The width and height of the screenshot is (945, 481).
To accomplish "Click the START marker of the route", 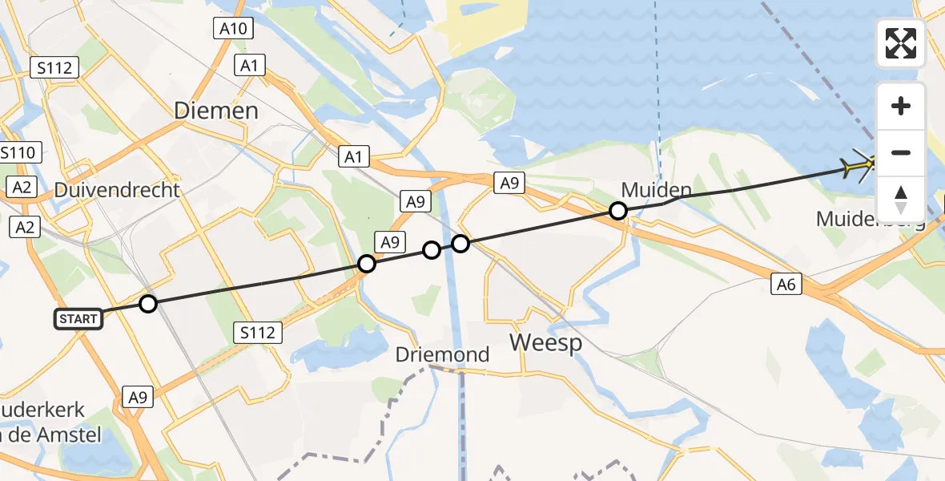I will click(x=78, y=319).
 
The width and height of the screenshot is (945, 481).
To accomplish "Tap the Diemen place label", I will click(x=216, y=111).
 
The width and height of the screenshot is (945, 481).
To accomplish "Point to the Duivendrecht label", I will click(x=118, y=191).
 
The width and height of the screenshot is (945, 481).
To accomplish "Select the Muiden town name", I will click(x=656, y=191).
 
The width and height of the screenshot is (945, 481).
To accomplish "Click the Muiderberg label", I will click(x=870, y=218).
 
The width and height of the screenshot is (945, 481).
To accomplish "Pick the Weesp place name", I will click(x=547, y=342).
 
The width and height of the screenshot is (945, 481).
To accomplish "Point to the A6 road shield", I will click(x=787, y=283).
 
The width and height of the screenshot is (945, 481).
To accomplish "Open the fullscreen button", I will click(x=901, y=43).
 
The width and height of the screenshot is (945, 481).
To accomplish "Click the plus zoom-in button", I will click(x=901, y=106).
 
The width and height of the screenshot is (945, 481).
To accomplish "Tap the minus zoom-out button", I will click(x=901, y=152).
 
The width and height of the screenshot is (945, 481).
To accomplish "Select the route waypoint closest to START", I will click(x=148, y=304).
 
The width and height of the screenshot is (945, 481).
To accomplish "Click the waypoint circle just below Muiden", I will click(x=618, y=211).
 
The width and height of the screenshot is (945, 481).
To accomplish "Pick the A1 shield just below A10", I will click(x=250, y=66).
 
